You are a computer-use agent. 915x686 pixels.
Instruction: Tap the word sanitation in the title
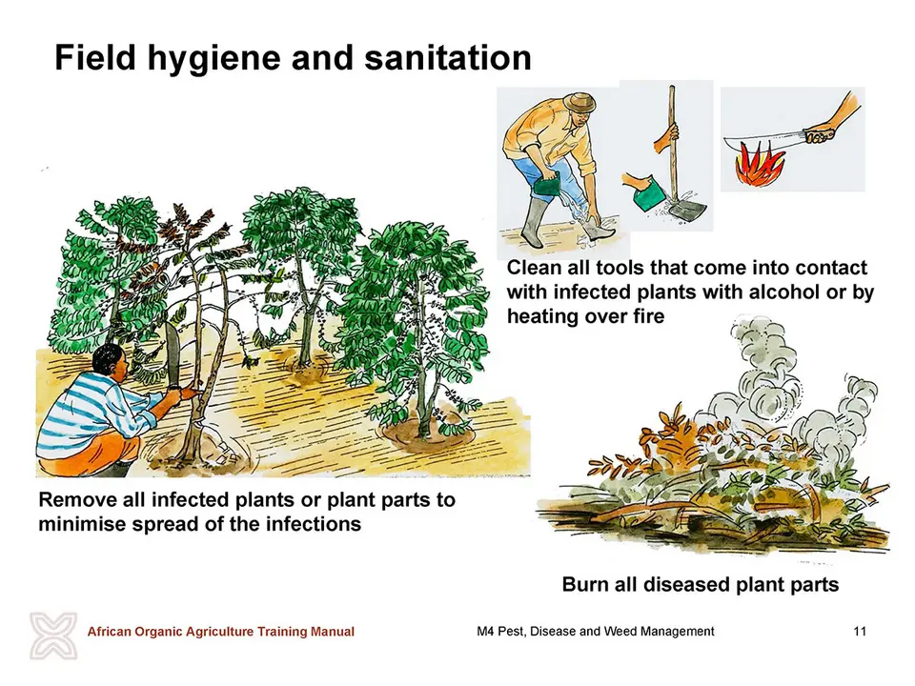tap(448, 57)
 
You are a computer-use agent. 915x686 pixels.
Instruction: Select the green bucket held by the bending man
tap(548, 189)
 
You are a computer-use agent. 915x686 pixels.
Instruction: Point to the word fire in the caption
tap(648, 316)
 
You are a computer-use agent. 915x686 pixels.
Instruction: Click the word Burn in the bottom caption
tap(585, 584)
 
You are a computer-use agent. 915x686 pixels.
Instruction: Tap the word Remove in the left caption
tap(77, 500)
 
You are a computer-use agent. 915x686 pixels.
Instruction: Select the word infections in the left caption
tap(313, 524)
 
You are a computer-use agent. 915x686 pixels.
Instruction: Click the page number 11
tap(860, 631)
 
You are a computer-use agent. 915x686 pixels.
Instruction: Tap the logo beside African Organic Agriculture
tap(53, 636)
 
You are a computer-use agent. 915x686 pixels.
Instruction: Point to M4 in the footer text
tap(485, 631)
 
